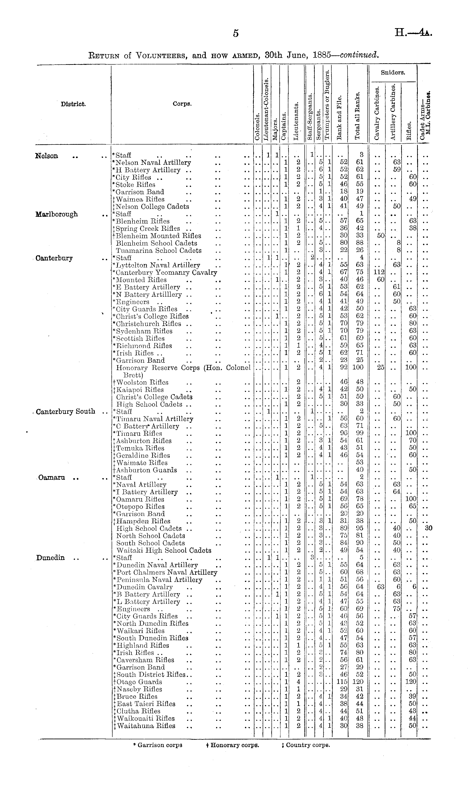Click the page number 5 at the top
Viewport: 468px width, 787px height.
point(236,33)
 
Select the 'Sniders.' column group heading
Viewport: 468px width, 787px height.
point(393,72)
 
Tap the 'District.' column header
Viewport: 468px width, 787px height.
point(73,104)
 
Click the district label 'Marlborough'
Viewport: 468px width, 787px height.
point(57,214)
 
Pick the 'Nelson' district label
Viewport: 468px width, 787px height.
point(47,156)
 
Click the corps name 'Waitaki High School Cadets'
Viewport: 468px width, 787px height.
point(164,550)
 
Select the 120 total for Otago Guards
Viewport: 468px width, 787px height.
point(359,682)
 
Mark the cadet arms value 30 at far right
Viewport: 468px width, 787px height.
point(428,528)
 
